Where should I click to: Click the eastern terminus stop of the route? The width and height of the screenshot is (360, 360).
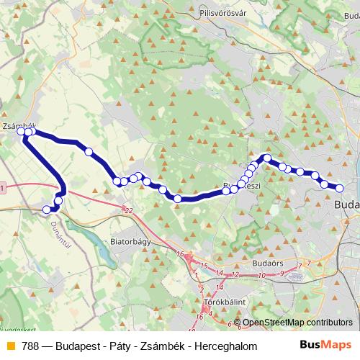point(340,189)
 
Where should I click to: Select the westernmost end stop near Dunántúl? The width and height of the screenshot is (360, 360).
point(48,210)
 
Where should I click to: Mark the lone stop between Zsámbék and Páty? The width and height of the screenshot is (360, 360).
point(89,152)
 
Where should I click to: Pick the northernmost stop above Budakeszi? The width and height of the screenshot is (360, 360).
point(267,158)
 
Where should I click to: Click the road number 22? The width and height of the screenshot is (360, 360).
point(128,210)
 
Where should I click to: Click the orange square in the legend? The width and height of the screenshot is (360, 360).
point(10,344)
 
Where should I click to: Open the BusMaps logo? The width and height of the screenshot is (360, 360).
point(326,344)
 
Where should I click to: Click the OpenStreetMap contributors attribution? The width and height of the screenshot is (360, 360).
point(297,323)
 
